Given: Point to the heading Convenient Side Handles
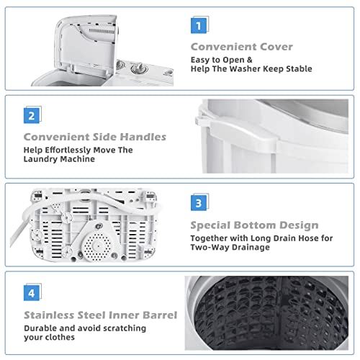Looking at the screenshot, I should (95, 135).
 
